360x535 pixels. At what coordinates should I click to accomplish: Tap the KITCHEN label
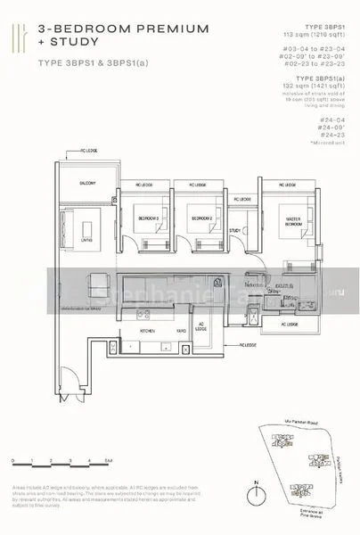point(147,330)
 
